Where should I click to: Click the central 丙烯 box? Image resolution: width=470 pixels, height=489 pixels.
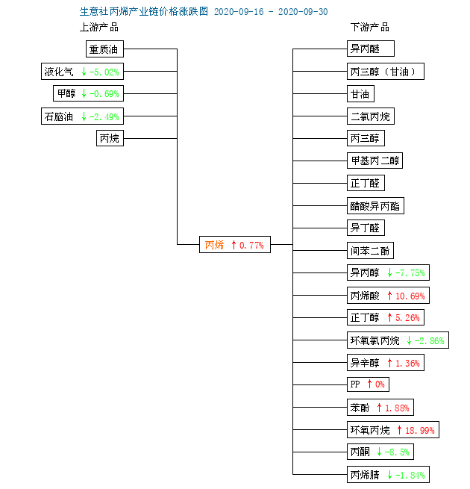point(235,245)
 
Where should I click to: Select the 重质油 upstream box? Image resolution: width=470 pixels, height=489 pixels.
point(104,49)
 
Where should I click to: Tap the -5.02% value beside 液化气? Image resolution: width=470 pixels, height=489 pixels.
point(104,72)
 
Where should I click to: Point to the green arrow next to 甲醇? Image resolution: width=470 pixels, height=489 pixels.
point(84,93)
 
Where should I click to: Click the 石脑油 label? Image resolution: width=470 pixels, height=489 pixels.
point(59,116)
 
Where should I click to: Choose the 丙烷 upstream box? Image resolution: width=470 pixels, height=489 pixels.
point(110,138)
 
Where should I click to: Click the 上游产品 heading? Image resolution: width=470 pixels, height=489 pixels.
point(99,28)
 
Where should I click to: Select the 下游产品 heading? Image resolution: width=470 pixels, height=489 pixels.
point(369,28)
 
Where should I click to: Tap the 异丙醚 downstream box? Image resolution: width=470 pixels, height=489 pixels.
point(371,49)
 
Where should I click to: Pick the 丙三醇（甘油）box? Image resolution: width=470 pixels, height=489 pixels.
point(386,72)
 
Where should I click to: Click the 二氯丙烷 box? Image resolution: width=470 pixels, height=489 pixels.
point(371,116)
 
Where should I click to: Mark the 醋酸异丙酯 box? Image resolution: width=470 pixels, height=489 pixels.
point(376,206)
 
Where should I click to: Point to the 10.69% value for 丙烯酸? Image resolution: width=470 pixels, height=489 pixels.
point(410,296)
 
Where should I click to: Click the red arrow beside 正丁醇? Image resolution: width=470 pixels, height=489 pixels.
point(389,317)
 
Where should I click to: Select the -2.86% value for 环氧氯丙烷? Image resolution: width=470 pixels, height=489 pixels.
point(429,340)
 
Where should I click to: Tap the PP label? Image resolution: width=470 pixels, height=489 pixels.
point(355,384)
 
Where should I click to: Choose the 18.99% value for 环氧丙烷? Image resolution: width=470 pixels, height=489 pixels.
point(419,431)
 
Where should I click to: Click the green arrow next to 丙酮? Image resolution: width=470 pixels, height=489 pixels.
point(379,452)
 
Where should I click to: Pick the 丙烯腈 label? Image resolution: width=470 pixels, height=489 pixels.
point(365,475)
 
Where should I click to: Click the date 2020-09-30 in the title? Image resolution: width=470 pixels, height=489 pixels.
point(303,12)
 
